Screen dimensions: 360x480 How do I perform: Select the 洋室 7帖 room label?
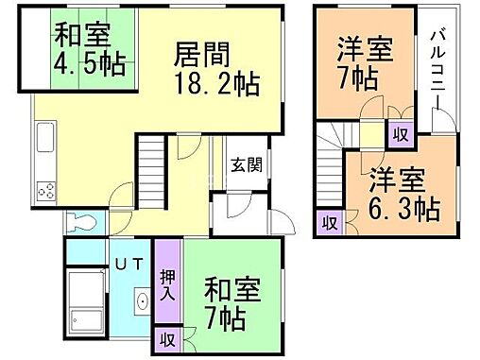point(360,62)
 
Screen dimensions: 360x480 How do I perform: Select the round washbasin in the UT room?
point(139,303)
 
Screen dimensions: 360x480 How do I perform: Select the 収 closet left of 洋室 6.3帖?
point(329,222)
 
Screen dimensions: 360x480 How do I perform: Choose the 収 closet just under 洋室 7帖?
point(399,134)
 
